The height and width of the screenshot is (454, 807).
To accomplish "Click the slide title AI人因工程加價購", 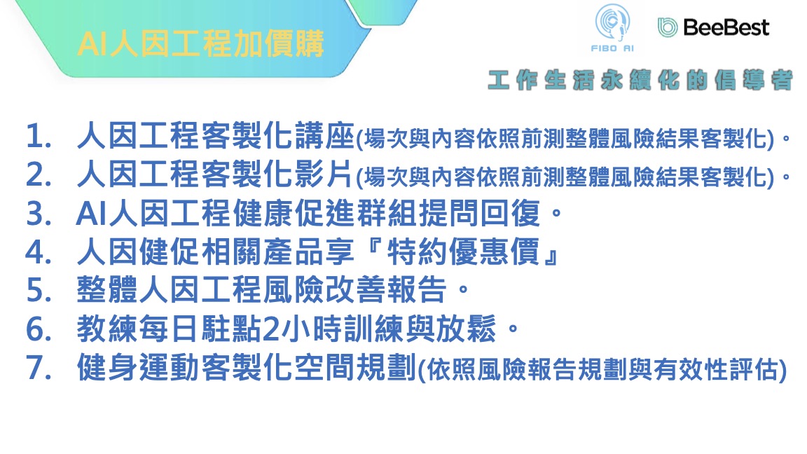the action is coord(201,43).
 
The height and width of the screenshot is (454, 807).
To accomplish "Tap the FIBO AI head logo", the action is coord(612,22).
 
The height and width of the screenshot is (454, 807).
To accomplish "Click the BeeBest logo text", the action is coord(726,27).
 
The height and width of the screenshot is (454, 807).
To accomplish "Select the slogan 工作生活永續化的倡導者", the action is coord(640,81).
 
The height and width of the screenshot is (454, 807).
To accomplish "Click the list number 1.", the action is coord(39,137).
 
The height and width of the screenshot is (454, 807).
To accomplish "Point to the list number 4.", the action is coord(39,252).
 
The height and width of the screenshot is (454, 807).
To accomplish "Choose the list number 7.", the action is coord(39,368).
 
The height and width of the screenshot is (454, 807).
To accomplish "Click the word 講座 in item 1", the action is coord(324,136).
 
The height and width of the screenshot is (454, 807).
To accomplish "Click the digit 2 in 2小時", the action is coord(270,329).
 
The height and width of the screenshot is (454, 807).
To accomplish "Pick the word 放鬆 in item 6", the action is coord(467,329).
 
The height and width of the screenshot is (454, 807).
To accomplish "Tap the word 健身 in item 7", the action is coord(107,367).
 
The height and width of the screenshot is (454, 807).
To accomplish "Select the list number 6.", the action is coord(39,329).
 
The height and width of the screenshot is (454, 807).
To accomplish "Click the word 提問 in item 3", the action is coord(449,213).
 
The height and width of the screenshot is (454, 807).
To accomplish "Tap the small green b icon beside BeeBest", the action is coord(668,27).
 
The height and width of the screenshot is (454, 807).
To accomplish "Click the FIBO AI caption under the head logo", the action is coord(612,48).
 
